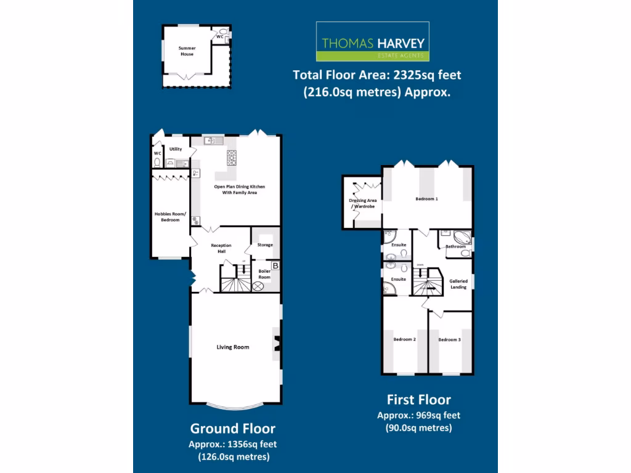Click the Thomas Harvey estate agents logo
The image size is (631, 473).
[x=372, y=42]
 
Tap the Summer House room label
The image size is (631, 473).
[x=187, y=51]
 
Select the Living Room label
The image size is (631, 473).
[x=232, y=347]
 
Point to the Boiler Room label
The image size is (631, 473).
[x=264, y=275]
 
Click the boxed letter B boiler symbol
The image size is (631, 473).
[x=275, y=265]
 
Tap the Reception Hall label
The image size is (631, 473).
[x=221, y=248]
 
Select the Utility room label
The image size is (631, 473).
[x=176, y=149]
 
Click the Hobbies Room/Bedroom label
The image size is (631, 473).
[x=167, y=217]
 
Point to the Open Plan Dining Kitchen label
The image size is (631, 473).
[x=235, y=189]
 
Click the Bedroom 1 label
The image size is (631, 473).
[x=426, y=199]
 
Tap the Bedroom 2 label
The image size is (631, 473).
[x=405, y=339]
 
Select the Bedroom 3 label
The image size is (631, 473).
[x=449, y=339]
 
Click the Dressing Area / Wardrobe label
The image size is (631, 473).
[x=363, y=203]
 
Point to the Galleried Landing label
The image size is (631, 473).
[x=458, y=284]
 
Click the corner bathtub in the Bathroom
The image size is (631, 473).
[x=462, y=237]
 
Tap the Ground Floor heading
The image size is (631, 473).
[x=232, y=429]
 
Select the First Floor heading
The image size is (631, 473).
[x=418, y=400]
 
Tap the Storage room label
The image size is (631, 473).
[x=265, y=245]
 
